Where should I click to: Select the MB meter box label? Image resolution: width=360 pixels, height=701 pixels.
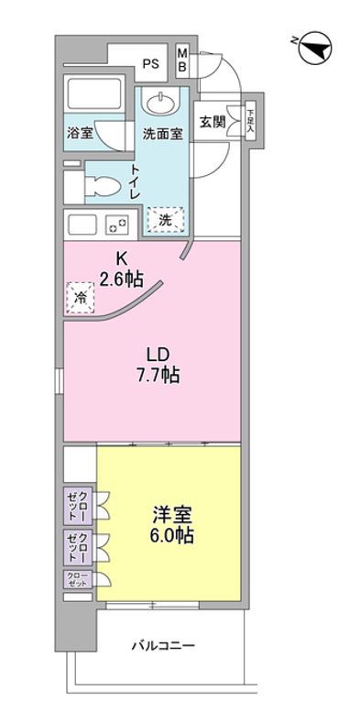coord(182,61)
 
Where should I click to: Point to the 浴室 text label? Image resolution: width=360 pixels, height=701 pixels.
coord(81,134)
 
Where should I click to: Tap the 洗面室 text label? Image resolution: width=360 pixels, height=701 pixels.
coord(162,134)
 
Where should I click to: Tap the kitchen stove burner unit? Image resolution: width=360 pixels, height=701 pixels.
coord(117,224)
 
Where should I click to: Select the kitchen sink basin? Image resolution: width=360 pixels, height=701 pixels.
coord(83,224)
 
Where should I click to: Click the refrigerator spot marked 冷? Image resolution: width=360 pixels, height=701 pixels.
coord(80,297)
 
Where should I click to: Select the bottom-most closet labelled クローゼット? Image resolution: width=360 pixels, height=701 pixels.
coord(76,578)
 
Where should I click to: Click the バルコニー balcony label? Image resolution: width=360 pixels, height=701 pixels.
coord(166,647)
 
